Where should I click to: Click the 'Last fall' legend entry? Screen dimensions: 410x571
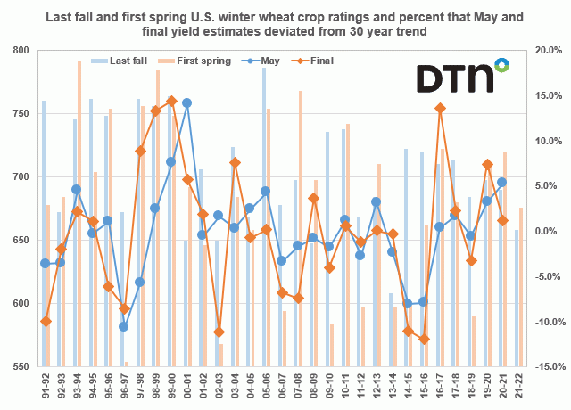coord(125,61)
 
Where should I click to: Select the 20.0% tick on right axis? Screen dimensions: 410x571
coord(546,51)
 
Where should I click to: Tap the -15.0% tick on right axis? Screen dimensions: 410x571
coord(546,366)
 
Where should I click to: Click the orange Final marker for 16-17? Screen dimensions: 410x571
coord(440,109)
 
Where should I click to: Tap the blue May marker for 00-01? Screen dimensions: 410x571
coord(186,103)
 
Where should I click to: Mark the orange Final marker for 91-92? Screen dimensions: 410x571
coord(46,321)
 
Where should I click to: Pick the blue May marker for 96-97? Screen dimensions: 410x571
coord(124,326)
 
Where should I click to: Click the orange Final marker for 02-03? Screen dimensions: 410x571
coord(218,332)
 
